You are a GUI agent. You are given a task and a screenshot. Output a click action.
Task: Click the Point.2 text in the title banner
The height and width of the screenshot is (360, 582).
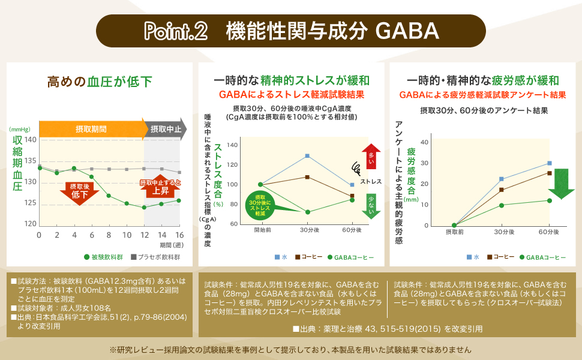click(x=175, y=31)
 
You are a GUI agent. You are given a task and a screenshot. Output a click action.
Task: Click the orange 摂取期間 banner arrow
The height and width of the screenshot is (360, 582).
click(x=92, y=129)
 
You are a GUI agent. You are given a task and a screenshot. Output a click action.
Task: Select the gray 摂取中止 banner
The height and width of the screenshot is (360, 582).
click(x=164, y=129)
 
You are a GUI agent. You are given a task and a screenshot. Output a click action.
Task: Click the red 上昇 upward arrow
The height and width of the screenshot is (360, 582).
click(x=160, y=188)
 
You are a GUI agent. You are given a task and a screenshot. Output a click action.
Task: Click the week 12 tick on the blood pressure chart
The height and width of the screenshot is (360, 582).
click(x=144, y=234)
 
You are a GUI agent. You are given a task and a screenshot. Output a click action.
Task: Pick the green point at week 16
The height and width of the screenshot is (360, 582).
click(x=179, y=200)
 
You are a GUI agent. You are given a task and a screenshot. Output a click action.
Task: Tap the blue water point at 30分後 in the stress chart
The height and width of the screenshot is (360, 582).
click(x=307, y=156)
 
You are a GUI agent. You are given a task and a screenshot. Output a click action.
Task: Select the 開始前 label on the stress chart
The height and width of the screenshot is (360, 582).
click(x=262, y=230)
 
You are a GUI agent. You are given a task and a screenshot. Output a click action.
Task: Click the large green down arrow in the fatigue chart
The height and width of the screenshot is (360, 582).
click(x=561, y=183)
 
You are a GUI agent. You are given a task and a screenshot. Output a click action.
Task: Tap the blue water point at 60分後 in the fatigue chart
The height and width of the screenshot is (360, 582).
click(x=550, y=163)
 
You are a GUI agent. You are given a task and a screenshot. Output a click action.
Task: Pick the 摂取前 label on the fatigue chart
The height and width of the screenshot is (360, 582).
click(x=454, y=232)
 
